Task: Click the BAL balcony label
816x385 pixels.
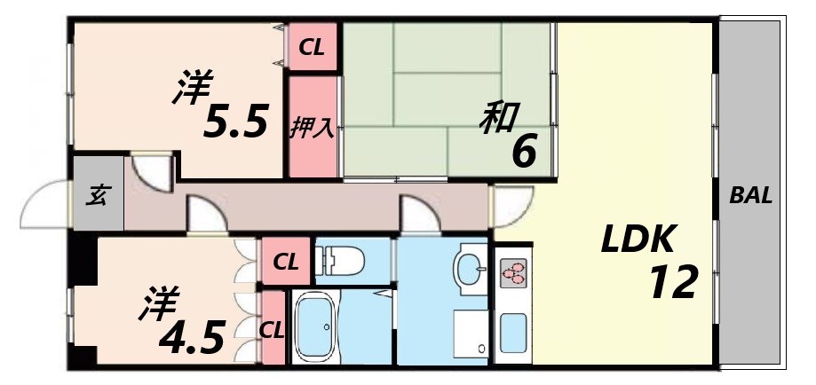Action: [x=750, y=196]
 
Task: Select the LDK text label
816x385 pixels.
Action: [x=640, y=239]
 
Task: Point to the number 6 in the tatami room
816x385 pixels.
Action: [x=524, y=153]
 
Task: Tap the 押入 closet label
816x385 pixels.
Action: [x=313, y=127]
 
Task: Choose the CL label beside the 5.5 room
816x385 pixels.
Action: [x=312, y=48]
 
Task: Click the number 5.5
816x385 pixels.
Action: [x=235, y=123]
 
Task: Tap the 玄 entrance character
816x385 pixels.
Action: [x=97, y=197]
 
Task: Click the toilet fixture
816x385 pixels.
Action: [x=341, y=261]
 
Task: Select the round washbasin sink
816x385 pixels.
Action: [x=470, y=265]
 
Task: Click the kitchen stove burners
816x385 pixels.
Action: [x=513, y=272]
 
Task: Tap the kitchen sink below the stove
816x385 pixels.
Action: [x=513, y=333]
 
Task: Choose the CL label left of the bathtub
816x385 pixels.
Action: [x=272, y=329]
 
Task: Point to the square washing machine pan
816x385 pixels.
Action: [x=470, y=329]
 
